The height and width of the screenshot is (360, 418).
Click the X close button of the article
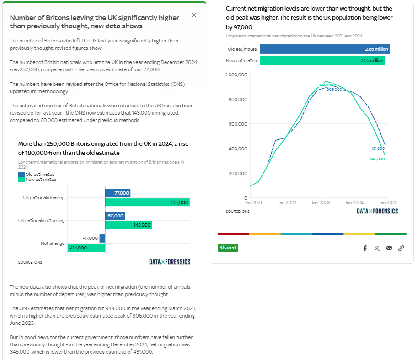tap(194, 15)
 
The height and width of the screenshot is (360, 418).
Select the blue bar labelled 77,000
tap(118, 193)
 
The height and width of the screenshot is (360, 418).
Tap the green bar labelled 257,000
tap(147, 202)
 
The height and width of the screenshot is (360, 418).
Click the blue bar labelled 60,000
tap(115, 216)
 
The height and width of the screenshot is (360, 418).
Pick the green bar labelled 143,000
tap(129, 225)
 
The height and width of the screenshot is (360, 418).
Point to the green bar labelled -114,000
tap(86, 248)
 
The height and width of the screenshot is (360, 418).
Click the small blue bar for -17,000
tap(102, 238)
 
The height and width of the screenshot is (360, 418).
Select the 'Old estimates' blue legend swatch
tap(21, 174)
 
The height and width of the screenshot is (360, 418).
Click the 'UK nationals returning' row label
tap(42, 220)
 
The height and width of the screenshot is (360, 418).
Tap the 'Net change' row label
tap(53, 243)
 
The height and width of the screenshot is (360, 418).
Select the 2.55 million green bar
tap(322, 61)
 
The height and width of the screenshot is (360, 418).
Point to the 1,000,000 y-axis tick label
tap(236, 74)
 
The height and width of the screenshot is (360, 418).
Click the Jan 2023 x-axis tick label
tap(321, 202)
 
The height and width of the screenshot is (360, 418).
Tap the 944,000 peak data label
tap(325, 85)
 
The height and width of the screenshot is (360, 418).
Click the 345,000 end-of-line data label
tap(377, 159)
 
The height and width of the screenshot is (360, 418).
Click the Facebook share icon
tap(365, 248)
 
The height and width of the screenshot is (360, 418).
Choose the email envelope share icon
tap(389, 248)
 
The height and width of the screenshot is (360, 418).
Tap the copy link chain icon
tap(401, 248)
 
